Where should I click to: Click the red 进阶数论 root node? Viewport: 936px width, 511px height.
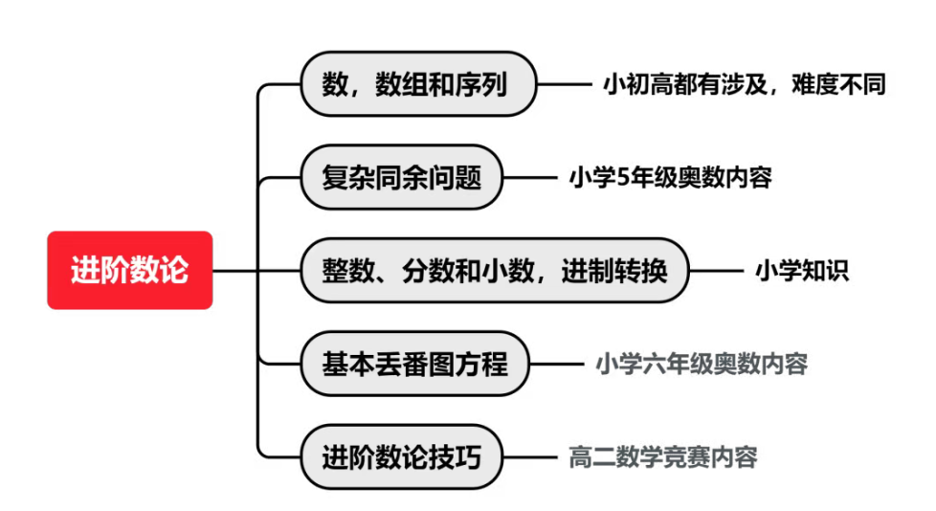coord(129,271)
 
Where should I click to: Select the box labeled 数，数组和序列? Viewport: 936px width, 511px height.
coord(418,84)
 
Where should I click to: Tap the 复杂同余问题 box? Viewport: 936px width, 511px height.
coord(402,177)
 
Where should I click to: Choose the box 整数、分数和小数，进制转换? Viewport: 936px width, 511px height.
coord(494,271)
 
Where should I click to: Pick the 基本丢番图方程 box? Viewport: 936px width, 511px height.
coord(414,364)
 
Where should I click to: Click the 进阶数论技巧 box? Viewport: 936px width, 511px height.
coord(402,457)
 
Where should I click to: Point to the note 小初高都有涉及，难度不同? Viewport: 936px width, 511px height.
coord(744,84)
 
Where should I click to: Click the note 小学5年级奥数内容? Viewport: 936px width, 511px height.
coord(670,177)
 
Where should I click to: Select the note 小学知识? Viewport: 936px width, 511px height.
coord(801,271)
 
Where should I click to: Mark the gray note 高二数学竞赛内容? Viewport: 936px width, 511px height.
coord(663,457)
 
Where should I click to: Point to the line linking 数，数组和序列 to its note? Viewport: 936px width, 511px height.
coord(564,84)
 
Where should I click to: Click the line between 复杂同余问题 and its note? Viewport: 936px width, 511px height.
coord(530,177)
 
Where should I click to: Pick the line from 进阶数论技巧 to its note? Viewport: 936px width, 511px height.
coord(530,457)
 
